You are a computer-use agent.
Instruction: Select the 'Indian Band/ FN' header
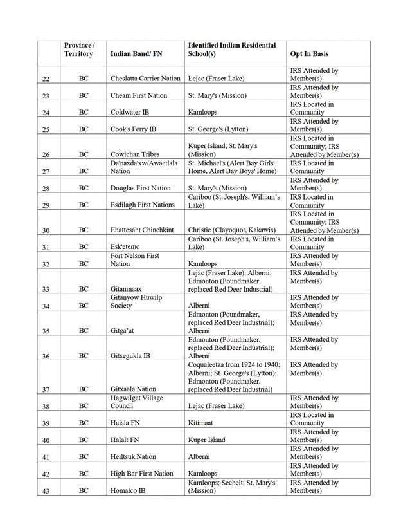coord(136,54)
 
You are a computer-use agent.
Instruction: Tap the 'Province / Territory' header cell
coord(79,50)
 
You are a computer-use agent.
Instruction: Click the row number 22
coord(46,79)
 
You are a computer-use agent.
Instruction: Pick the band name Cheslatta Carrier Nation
coord(145,79)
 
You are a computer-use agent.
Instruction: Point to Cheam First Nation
coord(139,95)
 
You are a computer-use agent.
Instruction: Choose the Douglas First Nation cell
coord(141,188)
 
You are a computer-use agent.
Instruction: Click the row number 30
coord(46,230)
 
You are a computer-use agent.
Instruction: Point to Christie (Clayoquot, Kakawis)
coord(231,230)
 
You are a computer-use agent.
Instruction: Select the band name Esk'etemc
coord(125,246)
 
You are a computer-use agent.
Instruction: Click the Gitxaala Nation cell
coord(133,389)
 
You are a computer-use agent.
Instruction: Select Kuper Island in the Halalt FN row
coord(206,440)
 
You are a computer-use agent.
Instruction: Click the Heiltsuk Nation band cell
coord(133,456)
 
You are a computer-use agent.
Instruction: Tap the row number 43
coord(46,490)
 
